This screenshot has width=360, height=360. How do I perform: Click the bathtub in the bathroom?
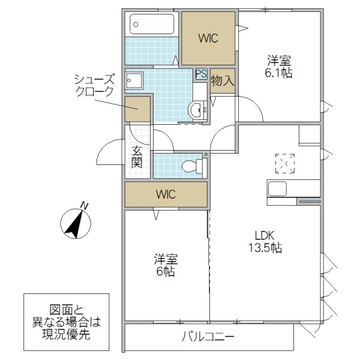point(152,25)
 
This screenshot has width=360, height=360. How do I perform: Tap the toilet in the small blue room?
point(190,165)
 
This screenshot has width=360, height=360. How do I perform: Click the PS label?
point(201,74)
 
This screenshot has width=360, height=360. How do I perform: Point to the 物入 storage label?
point(222,80)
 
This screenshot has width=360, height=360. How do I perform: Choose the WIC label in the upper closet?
point(208,38)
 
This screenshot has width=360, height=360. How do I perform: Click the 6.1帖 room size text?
point(279,74)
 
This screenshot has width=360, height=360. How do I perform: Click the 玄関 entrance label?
point(137,157)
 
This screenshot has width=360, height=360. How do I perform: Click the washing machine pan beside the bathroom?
point(135,82)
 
